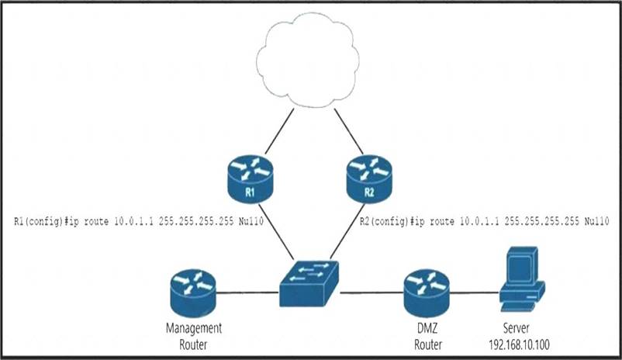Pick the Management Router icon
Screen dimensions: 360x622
tap(193, 290)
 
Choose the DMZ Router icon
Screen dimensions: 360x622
tap(427, 290)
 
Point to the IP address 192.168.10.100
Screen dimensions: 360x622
tap(524, 343)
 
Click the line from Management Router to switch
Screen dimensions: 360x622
tap(248, 292)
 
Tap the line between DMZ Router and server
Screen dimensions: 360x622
tap(473, 292)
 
